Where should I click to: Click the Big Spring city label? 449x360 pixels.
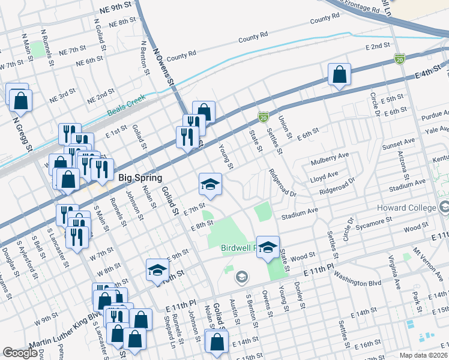(140, 178)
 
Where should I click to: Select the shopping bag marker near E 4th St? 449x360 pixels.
(339, 75)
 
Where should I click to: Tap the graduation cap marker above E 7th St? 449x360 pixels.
(211, 184)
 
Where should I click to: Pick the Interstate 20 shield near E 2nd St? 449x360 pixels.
(400, 59)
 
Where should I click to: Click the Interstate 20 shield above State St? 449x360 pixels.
(262, 116)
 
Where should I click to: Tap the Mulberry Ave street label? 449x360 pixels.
(330, 160)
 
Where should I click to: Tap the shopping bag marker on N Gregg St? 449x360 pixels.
(20, 103)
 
